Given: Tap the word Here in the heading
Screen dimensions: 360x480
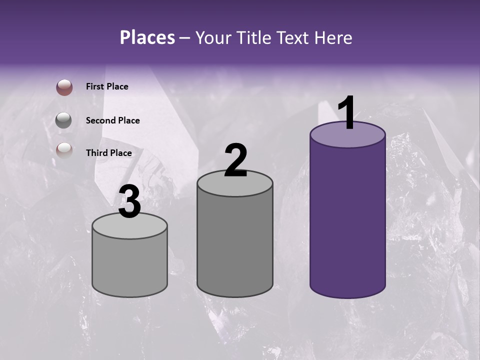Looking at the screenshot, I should click(x=333, y=37).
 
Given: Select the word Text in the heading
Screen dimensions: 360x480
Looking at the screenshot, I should click(x=293, y=37).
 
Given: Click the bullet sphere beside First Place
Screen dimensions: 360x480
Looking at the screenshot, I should click(x=64, y=87).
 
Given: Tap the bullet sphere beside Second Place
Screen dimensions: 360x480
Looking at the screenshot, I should click(x=64, y=120).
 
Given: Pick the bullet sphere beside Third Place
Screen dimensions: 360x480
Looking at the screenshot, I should click(x=64, y=150).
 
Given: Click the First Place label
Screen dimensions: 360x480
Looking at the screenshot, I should click(x=107, y=86).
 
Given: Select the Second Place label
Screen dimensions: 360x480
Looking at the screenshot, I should click(x=112, y=120).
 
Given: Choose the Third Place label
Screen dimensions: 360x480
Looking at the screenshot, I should click(x=108, y=153).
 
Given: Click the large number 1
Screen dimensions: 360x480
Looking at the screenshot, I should click(x=347, y=113).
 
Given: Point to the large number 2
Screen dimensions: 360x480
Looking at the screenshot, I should click(x=235, y=160).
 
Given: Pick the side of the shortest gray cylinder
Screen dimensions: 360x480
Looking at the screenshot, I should click(x=130, y=265).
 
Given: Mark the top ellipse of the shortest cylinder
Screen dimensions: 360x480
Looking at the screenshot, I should click(x=130, y=228).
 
